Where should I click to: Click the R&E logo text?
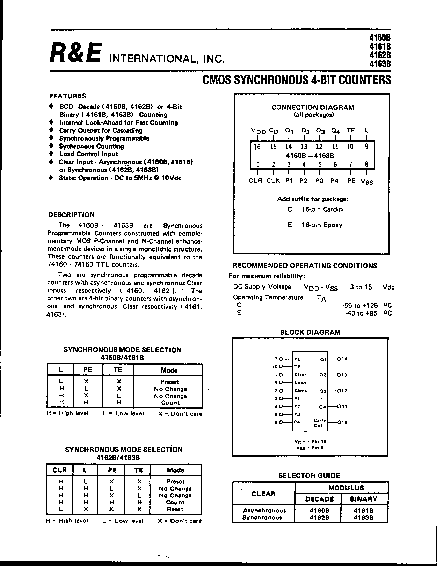point(76,53)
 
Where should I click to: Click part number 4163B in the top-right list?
point(380,64)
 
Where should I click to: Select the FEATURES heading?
point(68,96)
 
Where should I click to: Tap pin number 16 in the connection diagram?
point(257,147)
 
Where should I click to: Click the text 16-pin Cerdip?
point(322,209)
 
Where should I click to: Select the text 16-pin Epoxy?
point(322,225)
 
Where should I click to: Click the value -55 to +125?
point(360,305)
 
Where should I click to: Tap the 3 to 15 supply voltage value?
point(361,287)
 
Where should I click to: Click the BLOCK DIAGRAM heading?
point(310,332)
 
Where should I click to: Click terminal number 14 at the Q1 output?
point(344,359)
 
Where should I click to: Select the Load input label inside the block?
point(300,383)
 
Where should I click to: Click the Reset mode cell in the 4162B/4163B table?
point(175,509)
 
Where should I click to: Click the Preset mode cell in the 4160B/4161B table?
point(170,382)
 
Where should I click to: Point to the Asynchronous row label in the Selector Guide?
point(264,511)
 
